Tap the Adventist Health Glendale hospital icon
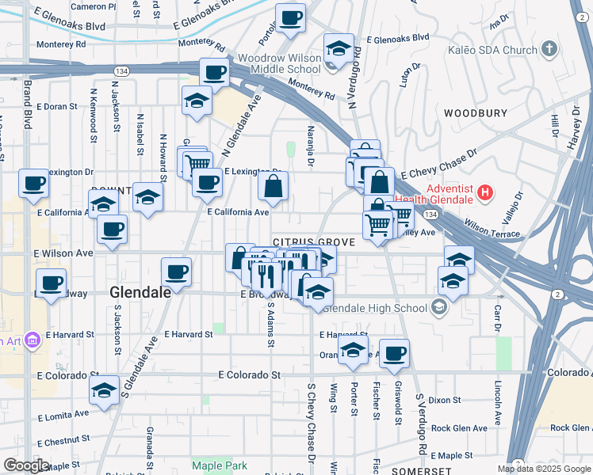click(x=486, y=192)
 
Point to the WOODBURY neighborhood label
click(x=475, y=113)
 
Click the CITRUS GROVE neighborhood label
click(x=308, y=241)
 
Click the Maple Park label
click(x=220, y=465)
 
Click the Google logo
click(x=26, y=465)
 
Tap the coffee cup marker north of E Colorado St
click(x=393, y=353)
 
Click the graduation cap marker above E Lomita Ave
click(x=104, y=389)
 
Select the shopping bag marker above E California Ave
click(x=273, y=186)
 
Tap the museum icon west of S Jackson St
click(x=33, y=341)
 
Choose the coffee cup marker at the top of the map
click(x=291, y=17)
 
